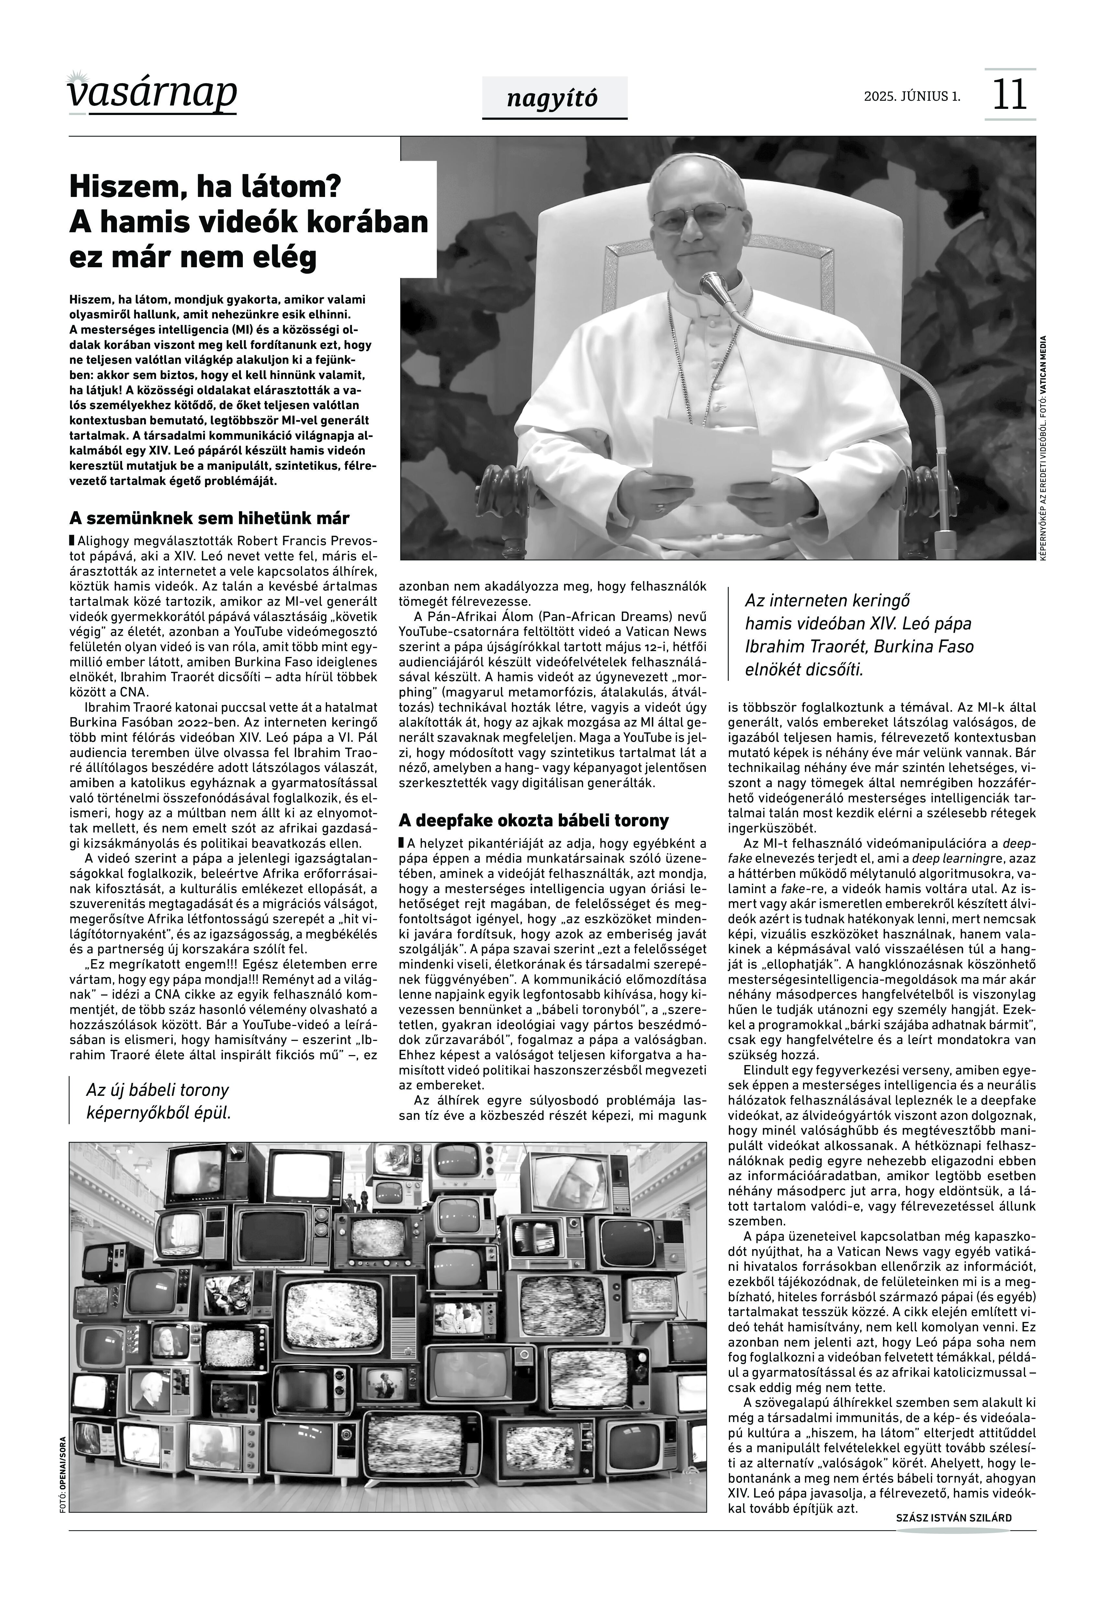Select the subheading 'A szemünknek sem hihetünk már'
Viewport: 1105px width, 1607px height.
click(209, 518)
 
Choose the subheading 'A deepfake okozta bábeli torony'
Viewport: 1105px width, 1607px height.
click(534, 821)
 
